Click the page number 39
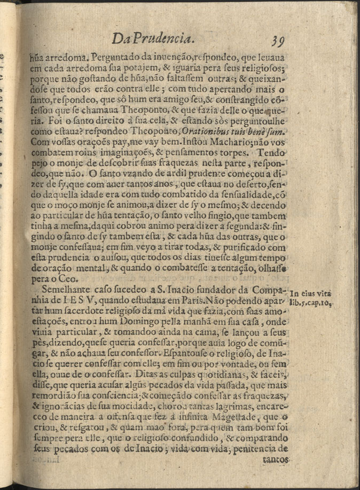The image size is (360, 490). pyautogui.click(x=280, y=40)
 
